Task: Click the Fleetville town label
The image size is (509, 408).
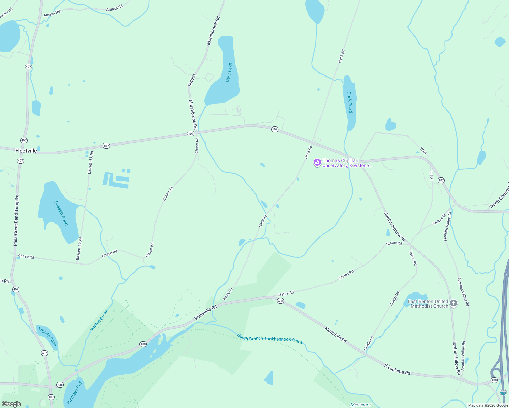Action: pos(26,151)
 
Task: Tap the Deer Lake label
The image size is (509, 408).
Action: pos(229,72)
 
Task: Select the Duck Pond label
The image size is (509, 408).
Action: pos(350,102)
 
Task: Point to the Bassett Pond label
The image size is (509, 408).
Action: pos(61,213)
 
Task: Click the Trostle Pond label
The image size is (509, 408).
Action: pos(48,336)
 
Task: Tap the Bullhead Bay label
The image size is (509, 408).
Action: pos(75,393)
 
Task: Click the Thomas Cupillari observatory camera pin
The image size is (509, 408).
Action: pos(317,163)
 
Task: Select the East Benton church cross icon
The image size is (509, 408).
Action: pos(453,303)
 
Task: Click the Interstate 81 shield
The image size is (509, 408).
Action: pos(503,393)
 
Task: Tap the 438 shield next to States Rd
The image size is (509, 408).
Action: pos(280,301)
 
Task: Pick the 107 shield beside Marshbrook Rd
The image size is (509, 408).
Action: pos(191,134)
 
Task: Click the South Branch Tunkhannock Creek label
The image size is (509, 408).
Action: pos(270,339)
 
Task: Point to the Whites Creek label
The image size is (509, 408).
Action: pos(99,320)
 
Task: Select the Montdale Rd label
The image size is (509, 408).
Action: pos(335,335)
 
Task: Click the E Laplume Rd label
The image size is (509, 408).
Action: pos(397,369)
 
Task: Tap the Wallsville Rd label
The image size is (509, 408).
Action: pos(206,312)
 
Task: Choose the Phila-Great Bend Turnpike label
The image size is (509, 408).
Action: pos(16,220)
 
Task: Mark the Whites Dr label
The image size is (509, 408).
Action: pos(439,219)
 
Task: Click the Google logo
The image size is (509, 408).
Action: pos(12,404)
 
